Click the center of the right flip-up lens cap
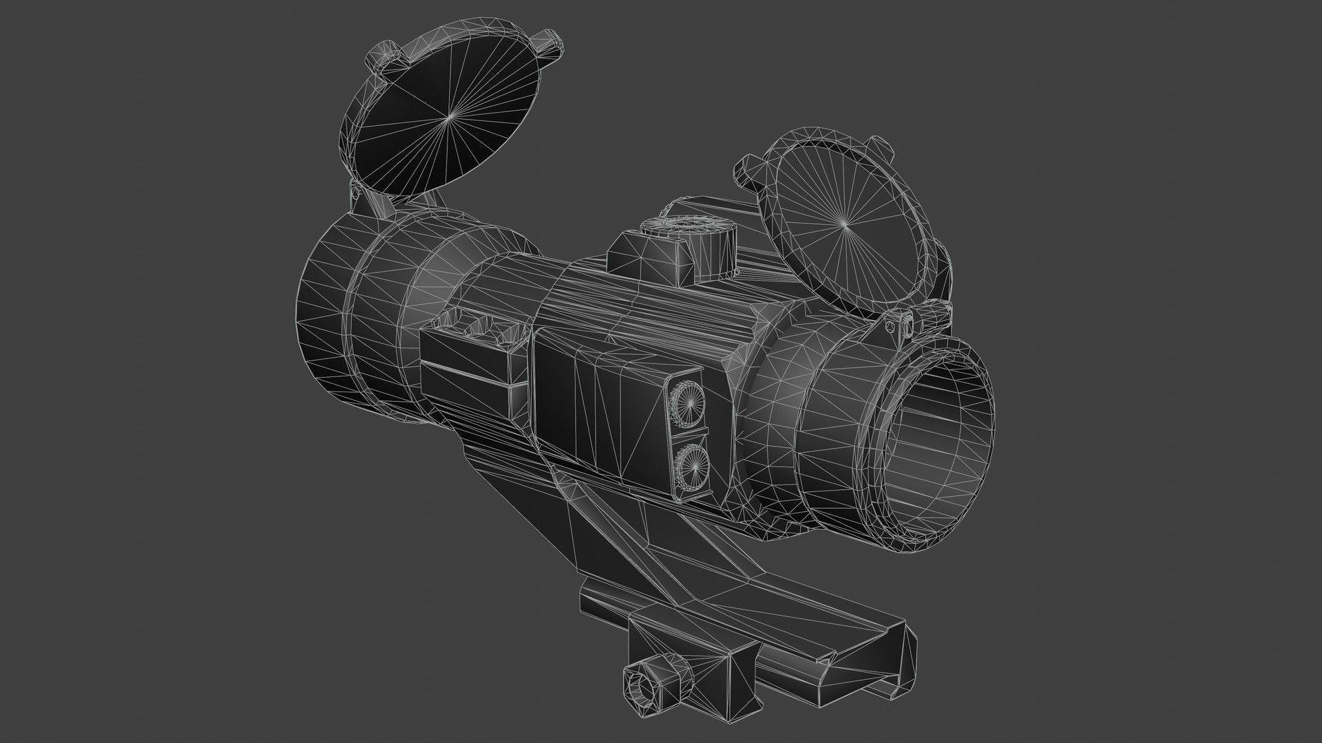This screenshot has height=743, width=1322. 845,224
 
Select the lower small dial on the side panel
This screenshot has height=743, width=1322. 689,462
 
